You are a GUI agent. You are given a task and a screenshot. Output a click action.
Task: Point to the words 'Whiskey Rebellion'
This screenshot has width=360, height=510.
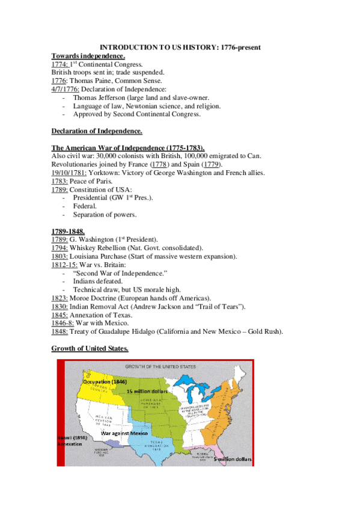tap(99, 247)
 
